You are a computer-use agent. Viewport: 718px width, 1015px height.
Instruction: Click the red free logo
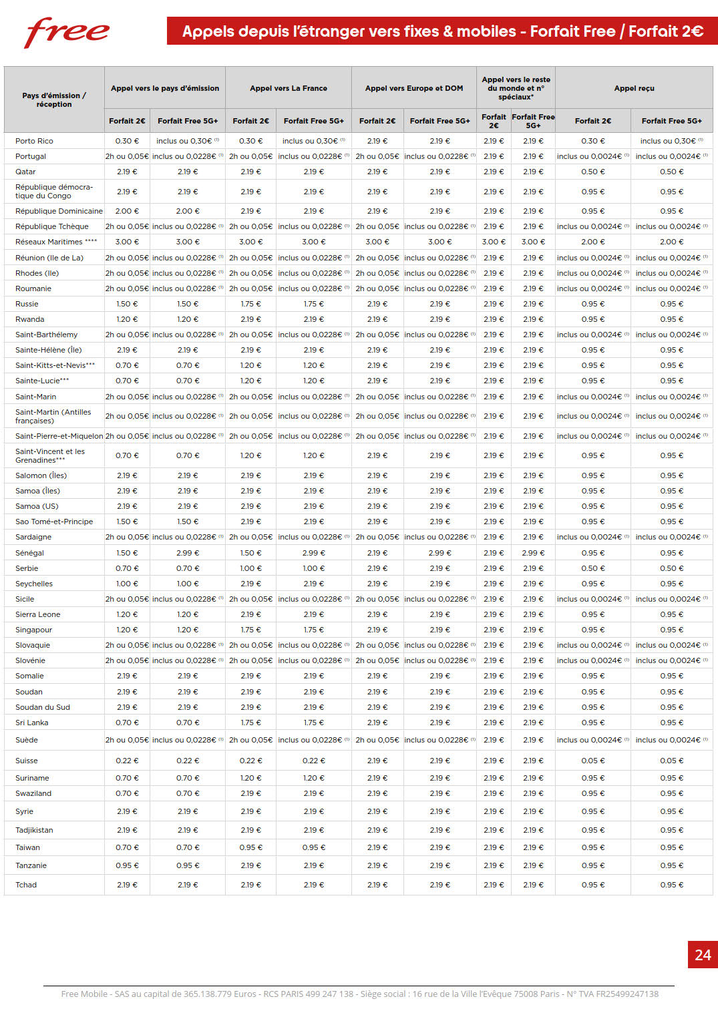(x=66, y=33)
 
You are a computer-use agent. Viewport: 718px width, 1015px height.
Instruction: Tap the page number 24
(x=703, y=955)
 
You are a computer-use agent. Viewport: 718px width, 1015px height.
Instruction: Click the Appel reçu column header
(x=634, y=88)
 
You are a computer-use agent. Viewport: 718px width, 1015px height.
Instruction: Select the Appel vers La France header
(x=289, y=88)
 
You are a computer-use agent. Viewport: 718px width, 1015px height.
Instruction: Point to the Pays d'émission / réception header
(x=54, y=99)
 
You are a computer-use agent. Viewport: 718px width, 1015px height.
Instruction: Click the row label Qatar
(x=25, y=172)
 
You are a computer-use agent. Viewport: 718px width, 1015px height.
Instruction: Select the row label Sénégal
(x=29, y=553)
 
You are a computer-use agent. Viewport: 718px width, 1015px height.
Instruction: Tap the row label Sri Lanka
(x=32, y=723)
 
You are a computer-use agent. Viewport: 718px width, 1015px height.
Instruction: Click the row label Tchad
(x=26, y=885)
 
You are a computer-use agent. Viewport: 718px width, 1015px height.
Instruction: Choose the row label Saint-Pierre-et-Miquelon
(x=59, y=436)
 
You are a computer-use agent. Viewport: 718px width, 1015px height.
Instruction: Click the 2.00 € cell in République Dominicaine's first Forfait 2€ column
(x=127, y=211)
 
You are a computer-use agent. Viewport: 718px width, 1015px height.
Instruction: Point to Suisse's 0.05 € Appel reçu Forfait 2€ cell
(x=592, y=761)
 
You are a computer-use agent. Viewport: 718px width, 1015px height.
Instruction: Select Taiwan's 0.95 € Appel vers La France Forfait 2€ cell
(x=250, y=847)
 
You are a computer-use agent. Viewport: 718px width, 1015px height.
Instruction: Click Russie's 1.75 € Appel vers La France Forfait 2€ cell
(x=250, y=304)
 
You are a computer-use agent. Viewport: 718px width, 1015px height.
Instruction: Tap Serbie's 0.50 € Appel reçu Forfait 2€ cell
(x=592, y=568)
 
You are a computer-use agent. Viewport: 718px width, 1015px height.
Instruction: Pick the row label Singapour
(x=33, y=630)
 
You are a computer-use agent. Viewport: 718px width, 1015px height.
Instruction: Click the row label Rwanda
(x=29, y=319)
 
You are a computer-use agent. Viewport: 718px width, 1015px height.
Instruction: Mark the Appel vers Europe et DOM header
(x=413, y=88)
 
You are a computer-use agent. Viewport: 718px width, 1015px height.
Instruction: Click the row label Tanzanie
(x=31, y=865)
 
